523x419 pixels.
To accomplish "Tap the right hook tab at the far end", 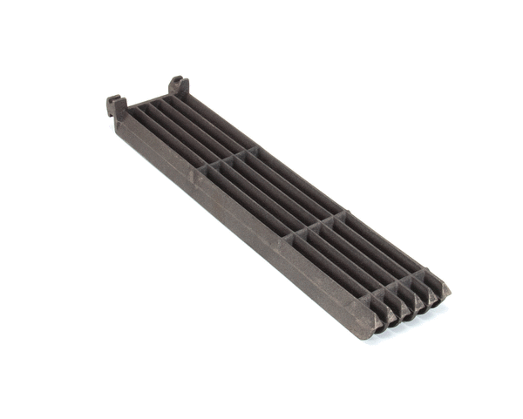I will point(178,85).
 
